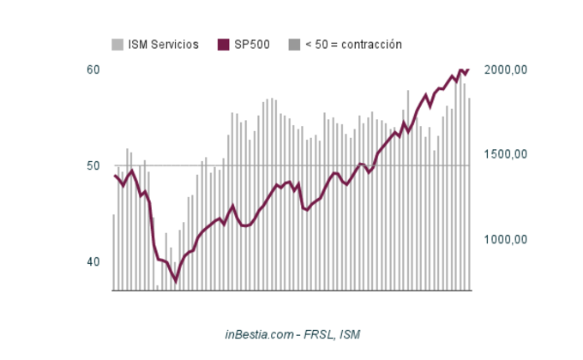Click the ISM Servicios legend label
163,45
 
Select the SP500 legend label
252,45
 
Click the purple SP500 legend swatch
224,45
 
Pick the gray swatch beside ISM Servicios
117,45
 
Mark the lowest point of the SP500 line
176,280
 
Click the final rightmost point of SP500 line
469,69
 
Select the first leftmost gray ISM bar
114,252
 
